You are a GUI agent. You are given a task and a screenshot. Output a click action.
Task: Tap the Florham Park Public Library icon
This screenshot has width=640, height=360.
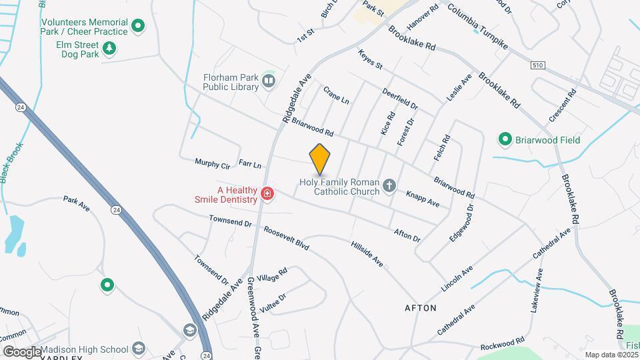[269, 81]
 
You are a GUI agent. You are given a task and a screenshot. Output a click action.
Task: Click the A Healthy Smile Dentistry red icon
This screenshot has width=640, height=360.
[267, 194]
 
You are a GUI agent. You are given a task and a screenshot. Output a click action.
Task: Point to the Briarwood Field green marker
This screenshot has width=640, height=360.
[505, 140]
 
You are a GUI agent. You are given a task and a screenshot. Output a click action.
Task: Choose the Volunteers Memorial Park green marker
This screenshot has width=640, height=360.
[138, 27]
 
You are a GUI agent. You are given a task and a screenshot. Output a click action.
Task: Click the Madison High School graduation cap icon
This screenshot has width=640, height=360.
[139, 349]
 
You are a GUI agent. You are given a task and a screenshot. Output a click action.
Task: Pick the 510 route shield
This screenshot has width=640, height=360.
[538, 65]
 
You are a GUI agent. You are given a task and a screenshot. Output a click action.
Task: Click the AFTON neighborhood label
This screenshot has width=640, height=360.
[421, 308]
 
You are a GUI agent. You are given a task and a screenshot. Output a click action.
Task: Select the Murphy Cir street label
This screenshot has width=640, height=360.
[212, 163]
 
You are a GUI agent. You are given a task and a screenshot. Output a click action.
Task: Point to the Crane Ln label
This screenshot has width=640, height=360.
[336, 95]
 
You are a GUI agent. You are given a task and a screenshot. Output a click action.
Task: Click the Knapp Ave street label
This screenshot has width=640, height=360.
[423, 198]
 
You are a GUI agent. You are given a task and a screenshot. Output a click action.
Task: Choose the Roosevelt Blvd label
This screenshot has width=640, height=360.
[286, 237]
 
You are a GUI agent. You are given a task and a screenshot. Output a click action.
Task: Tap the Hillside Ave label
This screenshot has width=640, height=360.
[367, 253]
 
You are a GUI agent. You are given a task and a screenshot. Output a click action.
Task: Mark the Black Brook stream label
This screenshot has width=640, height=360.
[13, 164]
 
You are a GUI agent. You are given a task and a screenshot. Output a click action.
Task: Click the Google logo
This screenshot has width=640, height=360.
[22, 351]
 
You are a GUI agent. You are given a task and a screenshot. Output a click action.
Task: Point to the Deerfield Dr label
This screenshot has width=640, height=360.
[400, 99]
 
